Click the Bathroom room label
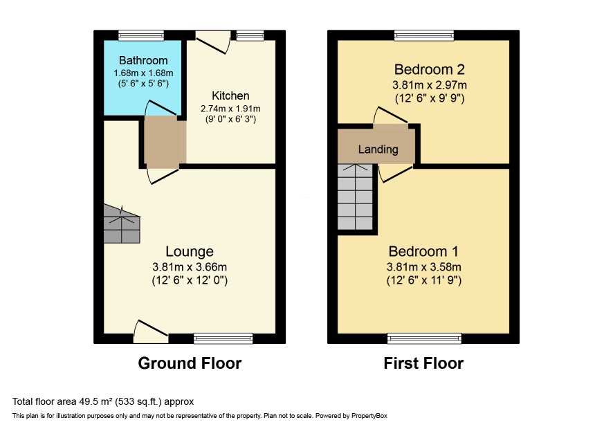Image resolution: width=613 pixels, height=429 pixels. pyautogui.click(x=143, y=61)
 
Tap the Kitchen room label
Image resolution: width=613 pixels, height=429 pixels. pyautogui.click(x=230, y=95)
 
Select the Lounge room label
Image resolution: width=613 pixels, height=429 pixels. pyautogui.click(x=190, y=251)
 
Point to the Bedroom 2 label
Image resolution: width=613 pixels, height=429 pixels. pyautogui.click(x=429, y=70)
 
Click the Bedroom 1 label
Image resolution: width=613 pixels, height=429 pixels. pyautogui.click(x=423, y=251)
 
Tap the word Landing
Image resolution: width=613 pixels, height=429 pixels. pyautogui.click(x=378, y=149)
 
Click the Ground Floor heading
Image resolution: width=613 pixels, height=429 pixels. pyautogui.click(x=190, y=363)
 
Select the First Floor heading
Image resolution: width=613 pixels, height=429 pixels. pyautogui.click(x=423, y=363)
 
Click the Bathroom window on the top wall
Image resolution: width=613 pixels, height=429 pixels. pyautogui.click(x=141, y=35)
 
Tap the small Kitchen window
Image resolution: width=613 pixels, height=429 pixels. pyautogui.click(x=250, y=35)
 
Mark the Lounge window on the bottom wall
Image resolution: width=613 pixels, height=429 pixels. pyautogui.click(x=223, y=338)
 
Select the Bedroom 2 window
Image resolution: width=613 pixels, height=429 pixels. pyautogui.click(x=424, y=35)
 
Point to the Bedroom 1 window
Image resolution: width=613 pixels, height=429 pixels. pyautogui.click(x=424, y=338)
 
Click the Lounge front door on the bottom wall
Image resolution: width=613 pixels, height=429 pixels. pyautogui.click(x=151, y=333)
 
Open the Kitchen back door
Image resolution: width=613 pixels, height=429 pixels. pyautogui.click(x=214, y=42)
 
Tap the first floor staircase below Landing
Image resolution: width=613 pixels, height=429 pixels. pyautogui.click(x=355, y=197)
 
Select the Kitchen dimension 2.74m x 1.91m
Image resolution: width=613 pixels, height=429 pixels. pyautogui.click(x=230, y=109)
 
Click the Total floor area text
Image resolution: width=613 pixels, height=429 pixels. pyautogui.click(x=103, y=401)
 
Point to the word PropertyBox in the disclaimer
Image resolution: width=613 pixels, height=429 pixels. pyautogui.click(x=369, y=416)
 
